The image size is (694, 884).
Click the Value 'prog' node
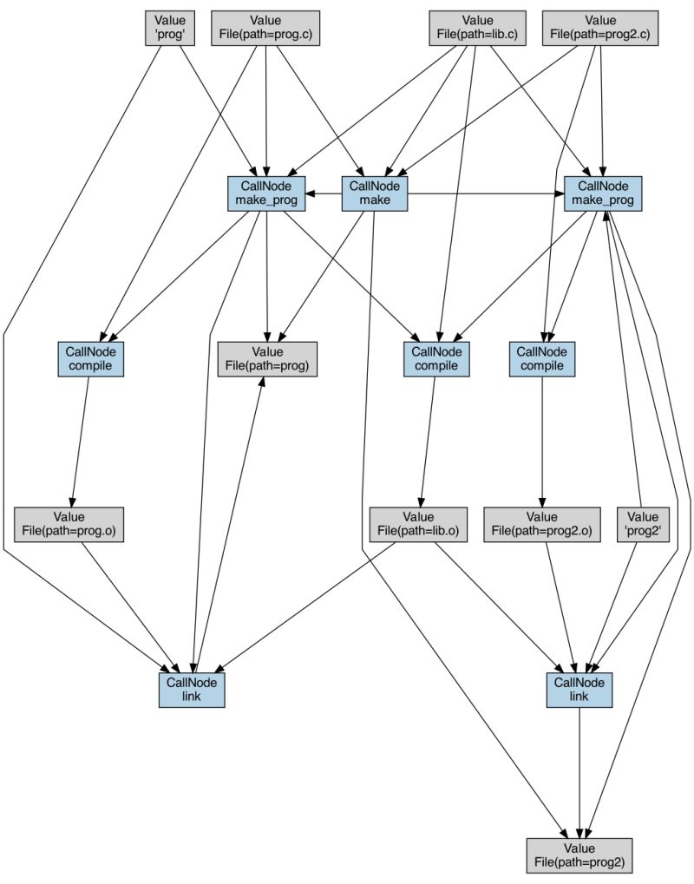tap(169, 28)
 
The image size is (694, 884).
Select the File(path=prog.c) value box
tap(265, 28)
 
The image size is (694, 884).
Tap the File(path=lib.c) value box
tap(477, 28)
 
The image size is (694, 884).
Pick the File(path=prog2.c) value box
tap(600, 28)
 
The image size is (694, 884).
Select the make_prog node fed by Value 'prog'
tap(265, 193)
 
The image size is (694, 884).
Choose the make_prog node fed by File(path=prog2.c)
tap(602, 193)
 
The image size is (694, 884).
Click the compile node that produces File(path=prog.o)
tap(91, 358)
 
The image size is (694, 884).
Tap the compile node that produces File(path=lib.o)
tap(436, 358)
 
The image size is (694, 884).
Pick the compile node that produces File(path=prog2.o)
tap(541, 358)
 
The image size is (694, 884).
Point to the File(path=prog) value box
tap(267, 358)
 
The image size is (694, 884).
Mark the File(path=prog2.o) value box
tap(541, 524)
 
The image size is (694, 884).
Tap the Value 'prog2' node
tap(643, 524)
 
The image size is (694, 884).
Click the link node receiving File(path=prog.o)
tap(192, 690)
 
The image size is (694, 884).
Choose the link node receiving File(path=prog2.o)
tap(579, 690)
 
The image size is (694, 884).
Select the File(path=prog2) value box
tap(579, 855)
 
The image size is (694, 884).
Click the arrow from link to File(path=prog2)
tap(579, 772)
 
